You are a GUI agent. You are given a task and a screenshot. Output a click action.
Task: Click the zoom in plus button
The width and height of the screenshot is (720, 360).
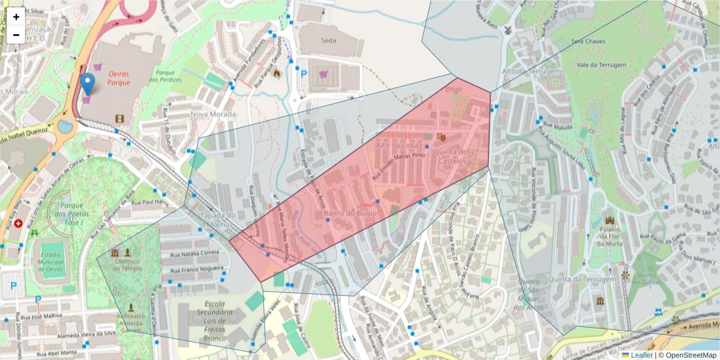[x=16, y=17]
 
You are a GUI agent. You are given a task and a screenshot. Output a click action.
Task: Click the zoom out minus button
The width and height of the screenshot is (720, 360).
[x=16, y=35]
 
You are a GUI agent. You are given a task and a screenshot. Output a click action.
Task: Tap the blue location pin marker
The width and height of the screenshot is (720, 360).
[x=88, y=84]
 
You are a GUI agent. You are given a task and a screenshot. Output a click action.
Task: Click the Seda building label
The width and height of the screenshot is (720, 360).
[x=328, y=41]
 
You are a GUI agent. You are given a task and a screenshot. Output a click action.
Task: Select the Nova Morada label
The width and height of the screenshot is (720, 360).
[x=212, y=114]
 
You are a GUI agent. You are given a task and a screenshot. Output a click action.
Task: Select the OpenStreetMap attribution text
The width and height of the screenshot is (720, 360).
[x=687, y=355]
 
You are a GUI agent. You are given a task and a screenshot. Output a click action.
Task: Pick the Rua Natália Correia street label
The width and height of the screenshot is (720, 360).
[x=192, y=253]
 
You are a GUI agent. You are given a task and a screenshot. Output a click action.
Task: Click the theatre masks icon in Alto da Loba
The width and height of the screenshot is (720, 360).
[x=441, y=137]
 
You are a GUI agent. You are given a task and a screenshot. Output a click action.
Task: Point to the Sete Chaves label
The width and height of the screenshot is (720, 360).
[x=588, y=41]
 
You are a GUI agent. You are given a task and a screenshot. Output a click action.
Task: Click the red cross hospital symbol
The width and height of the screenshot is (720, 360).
[x=19, y=223]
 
